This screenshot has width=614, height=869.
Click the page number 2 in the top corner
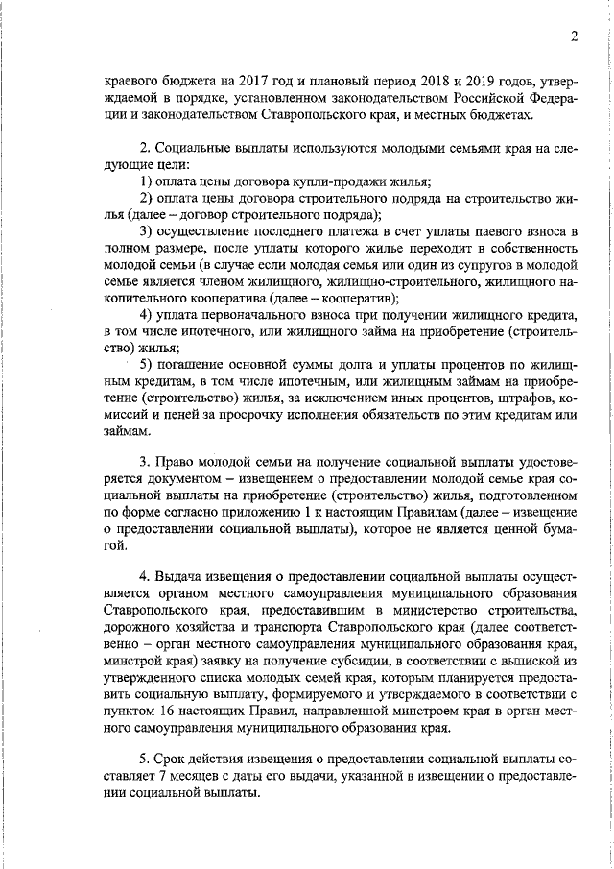pyautogui.click(x=572, y=37)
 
